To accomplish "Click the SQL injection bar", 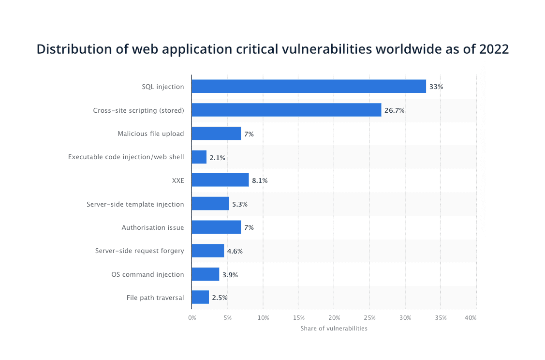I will click(x=309, y=87).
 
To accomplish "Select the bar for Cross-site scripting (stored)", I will click(x=286, y=110).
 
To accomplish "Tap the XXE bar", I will click(x=220, y=180).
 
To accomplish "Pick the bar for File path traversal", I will click(x=200, y=298).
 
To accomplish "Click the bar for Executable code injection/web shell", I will click(x=199, y=157).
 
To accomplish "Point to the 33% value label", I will click(x=436, y=87).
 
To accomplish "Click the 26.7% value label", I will click(x=394, y=110).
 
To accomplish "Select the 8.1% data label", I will click(x=260, y=180).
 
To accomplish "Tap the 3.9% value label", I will click(x=230, y=274).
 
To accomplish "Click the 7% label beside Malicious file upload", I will click(x=249, y=134).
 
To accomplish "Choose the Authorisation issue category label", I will click(x=153, y=227).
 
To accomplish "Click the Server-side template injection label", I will click(x=135, y=204).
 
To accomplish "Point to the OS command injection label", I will click(x=147, y=274).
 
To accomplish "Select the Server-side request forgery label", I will click(x=139, y=251).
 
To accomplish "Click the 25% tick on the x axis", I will click(x=369, y=318).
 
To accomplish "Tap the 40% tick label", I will click(x=471, y=318).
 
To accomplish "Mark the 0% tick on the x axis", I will click(x=192, y=318).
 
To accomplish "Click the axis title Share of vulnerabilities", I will click(x=334, y=329).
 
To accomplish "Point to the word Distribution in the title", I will click(x=68, y=49).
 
